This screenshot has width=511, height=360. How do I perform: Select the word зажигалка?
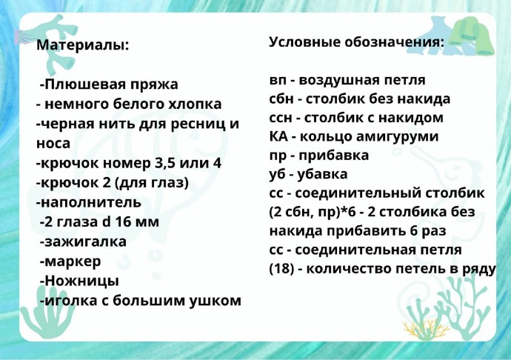[85, 241]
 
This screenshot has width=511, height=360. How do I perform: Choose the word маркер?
[72, 261]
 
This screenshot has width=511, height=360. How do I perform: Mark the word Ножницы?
[81, 281]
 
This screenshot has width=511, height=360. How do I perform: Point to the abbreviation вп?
[278, 80]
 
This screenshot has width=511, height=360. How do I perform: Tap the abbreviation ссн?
[281, 118]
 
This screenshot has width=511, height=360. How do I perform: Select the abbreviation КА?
[279, 136]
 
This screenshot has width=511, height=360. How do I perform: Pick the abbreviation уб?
[278, 175]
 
